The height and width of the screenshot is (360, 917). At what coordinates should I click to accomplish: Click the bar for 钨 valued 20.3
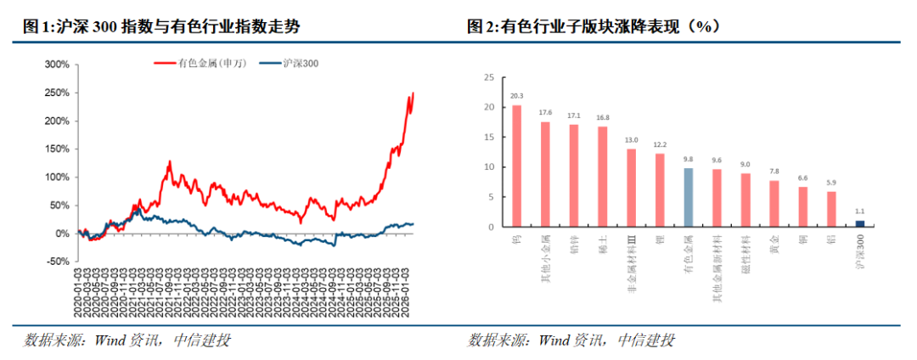tap(516, 166)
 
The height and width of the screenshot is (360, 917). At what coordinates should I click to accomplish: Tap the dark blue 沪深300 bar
tap(860, 223)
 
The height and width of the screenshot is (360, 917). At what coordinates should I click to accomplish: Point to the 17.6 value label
tap(545, 112)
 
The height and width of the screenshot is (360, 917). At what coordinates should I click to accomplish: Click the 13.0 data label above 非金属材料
tap(631, 139)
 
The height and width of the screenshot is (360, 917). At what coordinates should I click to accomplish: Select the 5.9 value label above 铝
tap(831, 182)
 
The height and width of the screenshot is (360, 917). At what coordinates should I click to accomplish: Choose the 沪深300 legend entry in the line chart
tap(289, 62)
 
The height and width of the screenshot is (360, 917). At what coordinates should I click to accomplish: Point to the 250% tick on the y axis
tap(58, 93)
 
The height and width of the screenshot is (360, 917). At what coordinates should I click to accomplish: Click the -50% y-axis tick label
tap(58, 262)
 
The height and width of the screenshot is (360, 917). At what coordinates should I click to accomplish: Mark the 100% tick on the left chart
tap(58, 177)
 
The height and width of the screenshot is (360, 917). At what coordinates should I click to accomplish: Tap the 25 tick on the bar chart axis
tap(489, 77)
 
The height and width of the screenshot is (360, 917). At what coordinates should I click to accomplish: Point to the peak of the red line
tap(413, 93)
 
